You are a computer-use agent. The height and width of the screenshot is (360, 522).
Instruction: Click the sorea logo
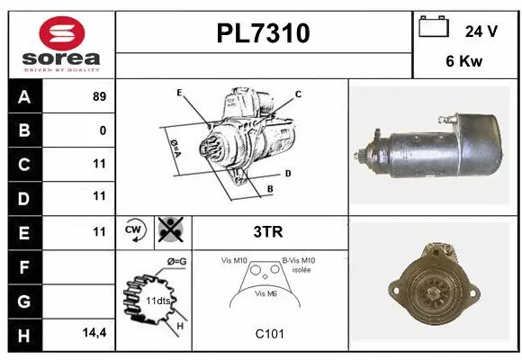(61, 42)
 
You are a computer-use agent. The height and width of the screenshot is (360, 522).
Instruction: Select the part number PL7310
(264, 33)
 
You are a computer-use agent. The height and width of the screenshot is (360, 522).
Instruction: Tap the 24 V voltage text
(481, 31)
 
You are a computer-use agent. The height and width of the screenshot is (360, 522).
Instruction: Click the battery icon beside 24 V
(434, 28)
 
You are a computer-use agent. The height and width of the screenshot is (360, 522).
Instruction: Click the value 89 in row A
(99, 97)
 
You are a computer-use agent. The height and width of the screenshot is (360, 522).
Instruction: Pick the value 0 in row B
(103, 130)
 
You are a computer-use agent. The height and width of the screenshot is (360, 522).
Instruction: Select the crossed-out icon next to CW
(169, 231)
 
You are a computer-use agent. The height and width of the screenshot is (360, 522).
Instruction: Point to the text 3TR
(269, 231)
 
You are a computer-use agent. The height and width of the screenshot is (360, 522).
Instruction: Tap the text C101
(269, 334)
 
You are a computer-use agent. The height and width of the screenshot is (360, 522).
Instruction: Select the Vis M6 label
(265, 293)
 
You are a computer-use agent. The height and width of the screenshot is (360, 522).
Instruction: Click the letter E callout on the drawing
(179, 93)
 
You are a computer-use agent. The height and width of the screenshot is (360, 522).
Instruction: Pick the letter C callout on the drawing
(298, 94)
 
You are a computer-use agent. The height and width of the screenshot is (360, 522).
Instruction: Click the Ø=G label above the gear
(175, 261)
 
